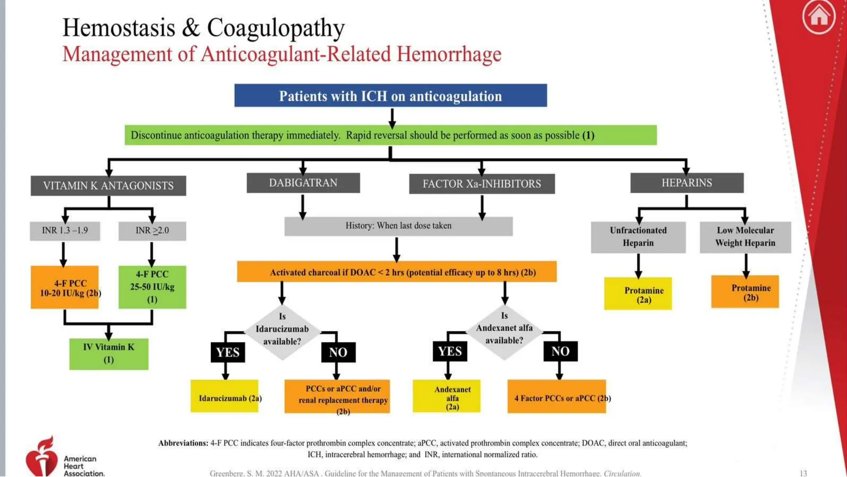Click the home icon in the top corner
pos(818,17)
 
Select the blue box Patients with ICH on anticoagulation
pos(390,96)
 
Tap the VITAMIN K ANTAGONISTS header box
pos(108,185)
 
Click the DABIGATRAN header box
pos(303,183)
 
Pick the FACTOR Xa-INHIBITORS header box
pos(482,184)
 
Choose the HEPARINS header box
pos(687,183)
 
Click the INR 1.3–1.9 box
pos(65,231)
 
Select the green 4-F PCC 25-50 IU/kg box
pos(152,287)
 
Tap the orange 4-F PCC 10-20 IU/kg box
pos(65,287)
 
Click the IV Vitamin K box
pos(109,354)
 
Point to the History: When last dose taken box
pos(398,226)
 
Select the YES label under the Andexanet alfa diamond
pos(450,352)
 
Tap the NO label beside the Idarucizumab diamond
pos(338,352)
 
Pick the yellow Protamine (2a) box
pos(638,294)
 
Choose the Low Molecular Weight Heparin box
pos(745,237)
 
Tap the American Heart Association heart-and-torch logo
pos(41,457)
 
